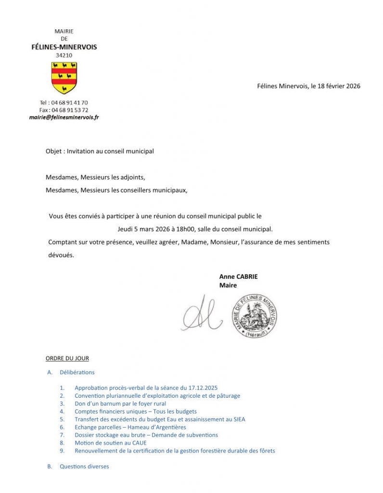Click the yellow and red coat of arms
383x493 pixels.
pos(64,78)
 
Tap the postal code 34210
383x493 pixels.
pos(64,55)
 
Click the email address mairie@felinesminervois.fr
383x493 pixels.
pos(64,117)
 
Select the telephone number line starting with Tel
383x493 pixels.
pos(64,103)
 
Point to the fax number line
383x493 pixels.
pos(64,110)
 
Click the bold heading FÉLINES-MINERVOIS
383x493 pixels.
pos(64,47)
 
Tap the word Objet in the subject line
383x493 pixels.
pos(54,151)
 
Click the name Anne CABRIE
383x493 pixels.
pos(239,277)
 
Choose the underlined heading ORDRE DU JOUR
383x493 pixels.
pos(67,359)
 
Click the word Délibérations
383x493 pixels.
pos(77,372)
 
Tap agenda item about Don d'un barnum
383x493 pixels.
pos(120,403)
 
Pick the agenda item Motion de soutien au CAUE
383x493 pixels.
pos(111,443)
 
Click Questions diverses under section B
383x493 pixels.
pos(84,467)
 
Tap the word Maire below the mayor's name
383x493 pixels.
pos(228,285)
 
